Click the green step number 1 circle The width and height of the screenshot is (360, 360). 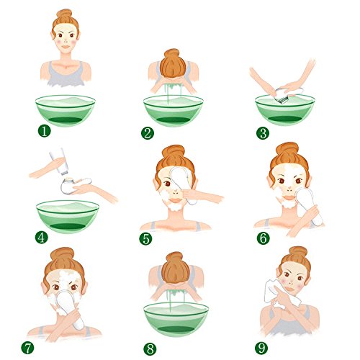[x=45, y=131]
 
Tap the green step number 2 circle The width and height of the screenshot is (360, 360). [x=148, y=133]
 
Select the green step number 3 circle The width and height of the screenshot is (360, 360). [x=263, y=133]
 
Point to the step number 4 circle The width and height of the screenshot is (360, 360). [x=42, y=238]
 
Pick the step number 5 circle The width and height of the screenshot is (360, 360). [x=145, y=239]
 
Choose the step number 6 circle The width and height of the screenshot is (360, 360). [x=263, y=238]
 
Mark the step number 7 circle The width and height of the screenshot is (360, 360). [x=27, y=348]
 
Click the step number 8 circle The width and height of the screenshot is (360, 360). [x=150, y=349]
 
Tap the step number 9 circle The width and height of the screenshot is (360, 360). [x=261, y=348]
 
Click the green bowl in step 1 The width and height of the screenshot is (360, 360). [x=66, y=111]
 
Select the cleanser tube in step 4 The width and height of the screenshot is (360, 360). [x=58, y=161]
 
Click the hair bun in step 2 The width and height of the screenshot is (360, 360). [x=173, y=63]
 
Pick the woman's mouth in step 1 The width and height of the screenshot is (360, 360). [x=66, y=47]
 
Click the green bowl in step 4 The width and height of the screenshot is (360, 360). [x=68, y=217]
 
